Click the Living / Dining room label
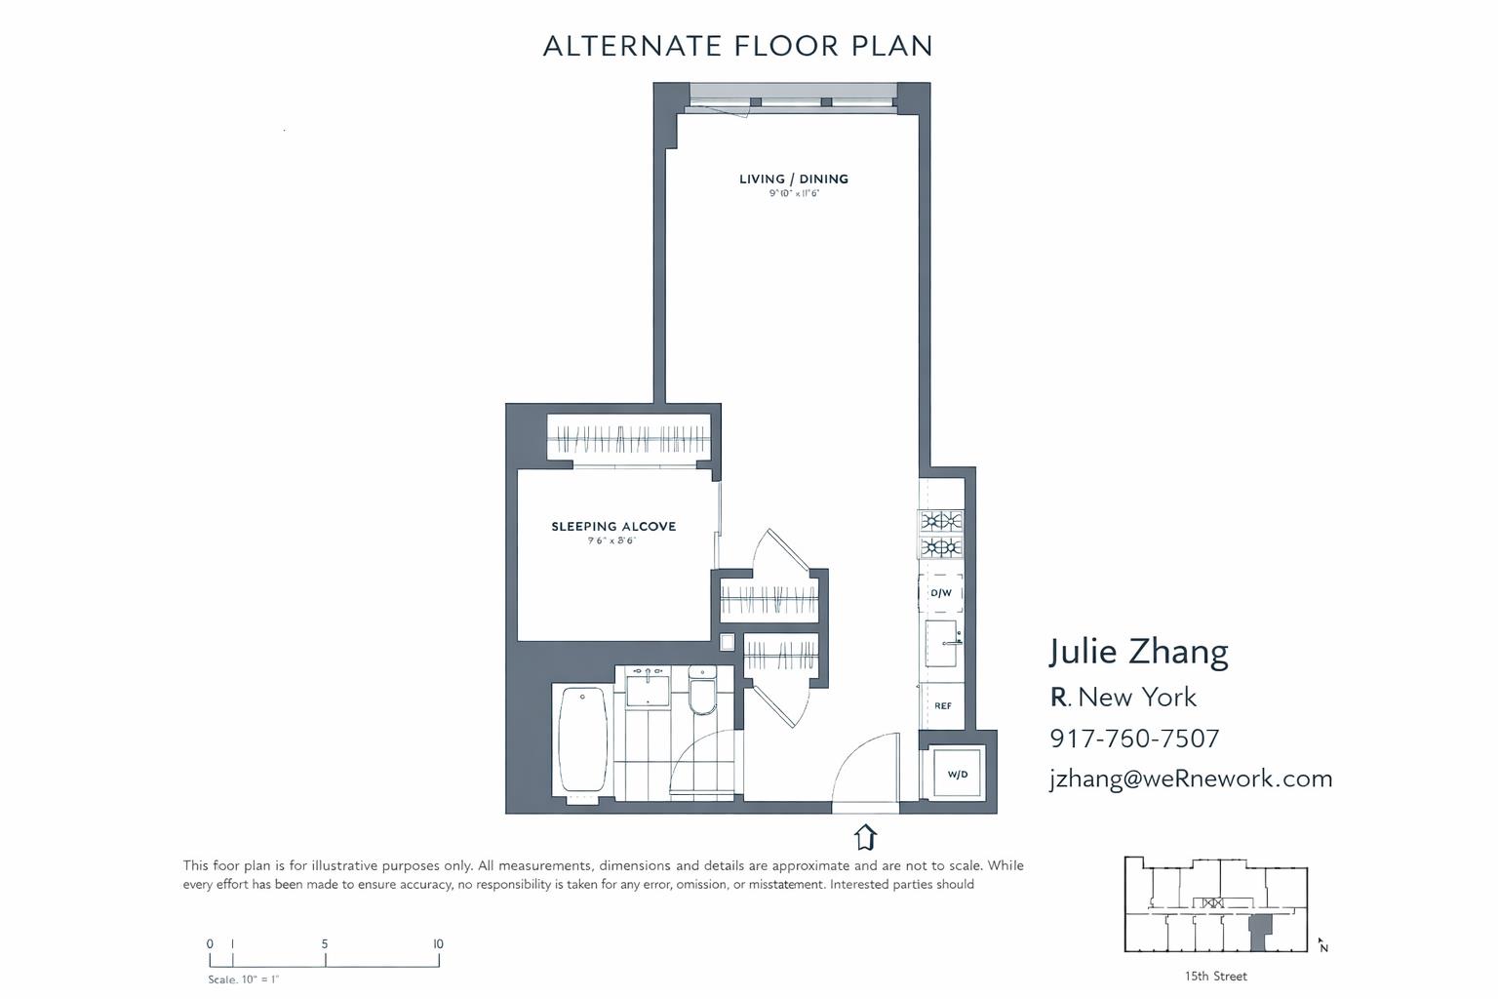(x=793, y=179)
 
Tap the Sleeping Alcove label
(x=613, y=527)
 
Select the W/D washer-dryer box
(x=958, y=774)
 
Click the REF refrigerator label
(x=943, y=705)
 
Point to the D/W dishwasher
(x=941, y=593)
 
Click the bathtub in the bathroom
(x=582, y=740)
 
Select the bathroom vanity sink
(x=648, y=689)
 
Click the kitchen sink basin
(x=941, y=643)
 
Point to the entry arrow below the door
(x=865, y=837)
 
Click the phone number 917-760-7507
(x=1134, y=739)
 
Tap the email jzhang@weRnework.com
(x=1191, y=779)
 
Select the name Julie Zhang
(x=1138, y=652)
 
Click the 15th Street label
(x=1215, y=976)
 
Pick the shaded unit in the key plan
(x=1260, y=931)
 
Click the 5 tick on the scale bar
(x=325, y=944)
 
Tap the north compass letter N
(x=1323, y=947)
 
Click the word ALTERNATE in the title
(x=632, y=46)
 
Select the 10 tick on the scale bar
(x=438, y=944)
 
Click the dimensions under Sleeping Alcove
(x=611, y=540)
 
